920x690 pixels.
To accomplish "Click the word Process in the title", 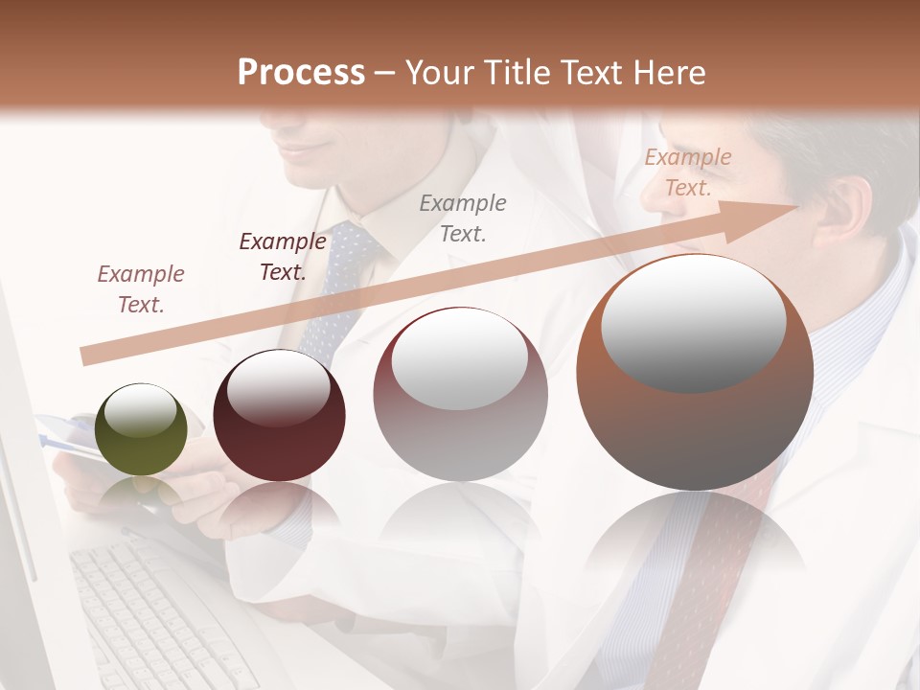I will pyautogui.click(x=301, y=73).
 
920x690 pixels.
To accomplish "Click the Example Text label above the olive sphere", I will pyautogui.click(x=141, y=289).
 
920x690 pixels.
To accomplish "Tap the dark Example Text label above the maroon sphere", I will pyautogui.click(x=283, y=257).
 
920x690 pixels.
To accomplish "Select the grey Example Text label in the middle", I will pyautogui.click(x=463, y=218).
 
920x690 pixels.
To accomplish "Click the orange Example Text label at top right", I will pyautogui.click(x=687, y=172).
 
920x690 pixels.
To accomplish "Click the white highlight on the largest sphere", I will pyautogui.click(x=693, y=321).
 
